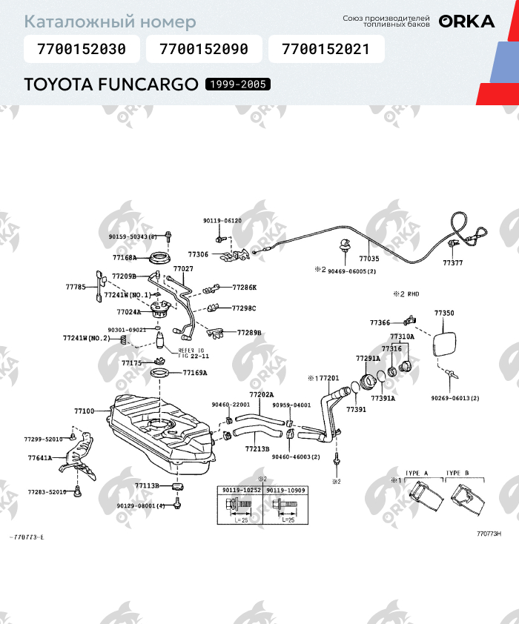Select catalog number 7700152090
click(203, 50)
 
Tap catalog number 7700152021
click(325, 50)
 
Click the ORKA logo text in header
click(466, 21)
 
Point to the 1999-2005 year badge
click(238, 84)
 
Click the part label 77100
click(84, 411)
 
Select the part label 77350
click(444, 313)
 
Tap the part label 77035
click(368, 259)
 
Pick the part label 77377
click(452, 262)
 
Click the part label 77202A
click(261, 394)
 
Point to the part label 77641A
click(40, 458)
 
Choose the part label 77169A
click(195, 373)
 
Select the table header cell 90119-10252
click(240, 491)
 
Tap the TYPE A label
click(417, 472)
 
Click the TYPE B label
click(457, 472)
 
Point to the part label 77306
click(198, 254)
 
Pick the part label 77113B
click(147, 485)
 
